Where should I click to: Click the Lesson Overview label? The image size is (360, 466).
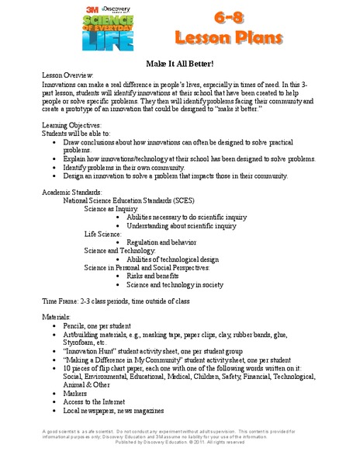tap(71, 81)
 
